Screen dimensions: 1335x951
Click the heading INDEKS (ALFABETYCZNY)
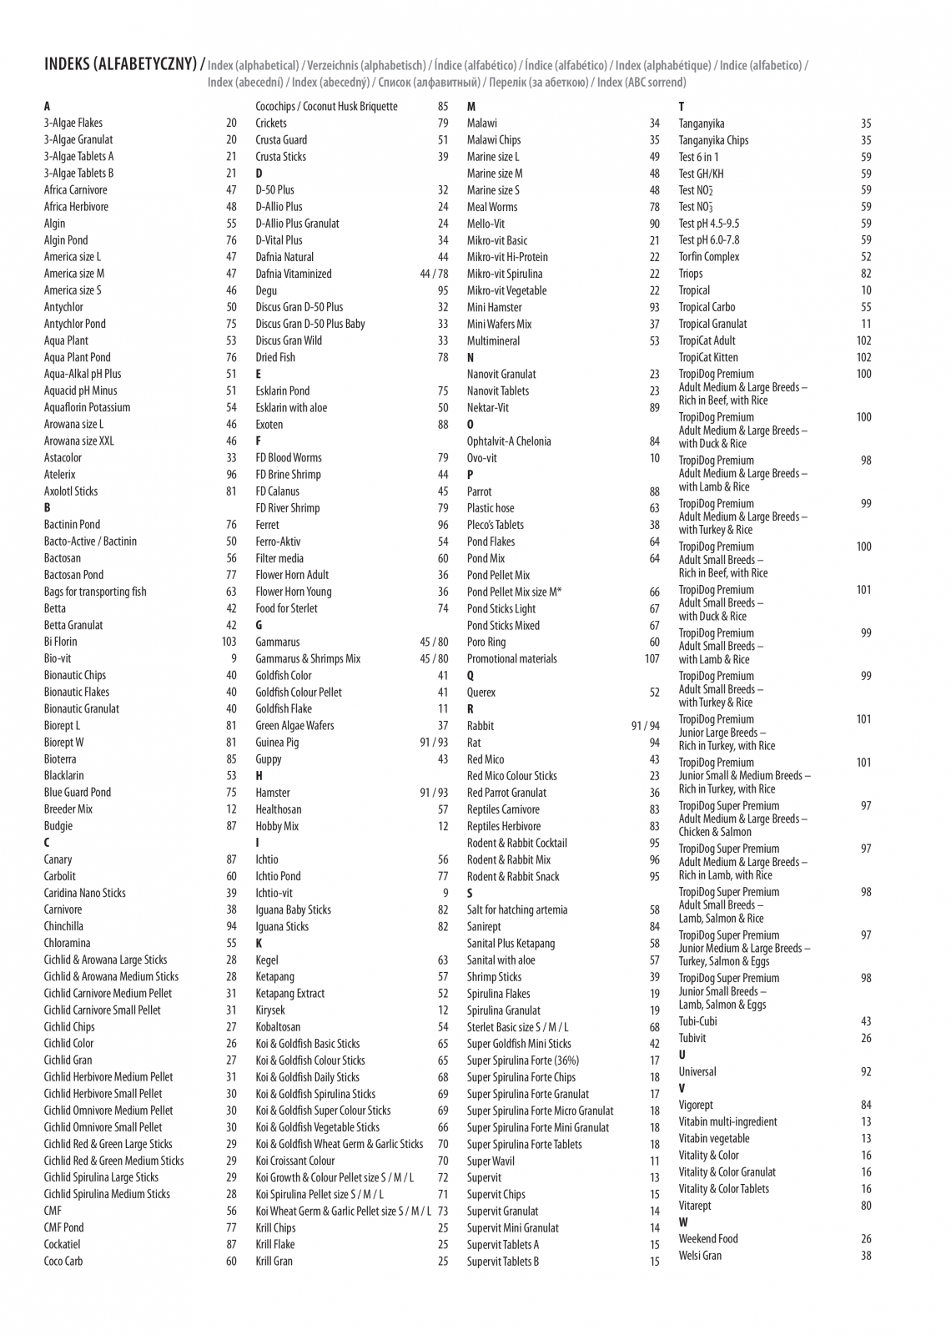[121, 64]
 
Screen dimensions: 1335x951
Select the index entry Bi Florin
[61, 642]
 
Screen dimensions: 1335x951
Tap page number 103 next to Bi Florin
[229, 642]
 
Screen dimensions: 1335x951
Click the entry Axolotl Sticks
[71, 491]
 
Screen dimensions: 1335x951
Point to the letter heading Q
[470, 676]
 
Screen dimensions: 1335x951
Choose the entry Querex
[481, 693]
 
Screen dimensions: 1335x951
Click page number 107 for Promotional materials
[652, 659]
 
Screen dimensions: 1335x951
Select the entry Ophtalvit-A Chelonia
[509, 441]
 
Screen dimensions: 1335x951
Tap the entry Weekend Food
[708, 1239]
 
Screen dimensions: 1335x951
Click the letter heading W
[683, 1222]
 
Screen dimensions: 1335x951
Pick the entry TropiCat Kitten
[708, 357]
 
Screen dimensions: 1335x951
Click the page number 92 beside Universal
[866, 1072]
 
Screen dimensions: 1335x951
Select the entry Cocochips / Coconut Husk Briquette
[326, 107]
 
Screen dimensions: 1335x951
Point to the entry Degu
[266, 290]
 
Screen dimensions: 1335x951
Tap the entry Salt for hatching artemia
[517, 910]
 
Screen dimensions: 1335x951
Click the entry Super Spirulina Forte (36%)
[523, 1060]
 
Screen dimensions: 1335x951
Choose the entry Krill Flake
[275, 1245]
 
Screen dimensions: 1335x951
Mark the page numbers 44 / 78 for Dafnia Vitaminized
[434, 274]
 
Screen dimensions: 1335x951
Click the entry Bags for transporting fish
[95, 592]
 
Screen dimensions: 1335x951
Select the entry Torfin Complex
[709, 257]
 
